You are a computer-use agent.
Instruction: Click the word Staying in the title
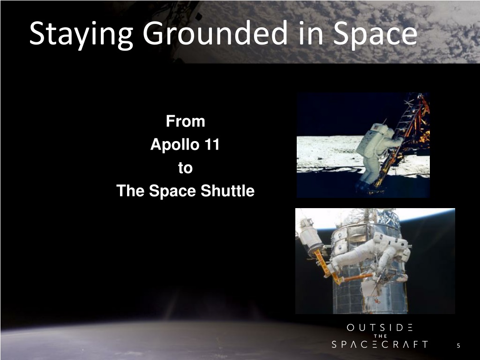coord(81,34)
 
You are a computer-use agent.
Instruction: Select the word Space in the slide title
coord(375,34)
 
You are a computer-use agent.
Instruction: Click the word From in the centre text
coord(185,121)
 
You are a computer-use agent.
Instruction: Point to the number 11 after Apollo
coord(212,144)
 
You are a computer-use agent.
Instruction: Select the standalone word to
coord(185,168)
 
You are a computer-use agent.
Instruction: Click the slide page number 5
coord(458,345)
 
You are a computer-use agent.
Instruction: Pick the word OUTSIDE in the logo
coord(380,328)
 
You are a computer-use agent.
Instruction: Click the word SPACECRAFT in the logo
coord(380,345)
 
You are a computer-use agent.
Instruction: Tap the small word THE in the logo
coord(381,336)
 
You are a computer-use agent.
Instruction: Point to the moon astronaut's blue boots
coord(363,185)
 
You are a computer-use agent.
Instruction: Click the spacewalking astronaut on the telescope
coord(374,254)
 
